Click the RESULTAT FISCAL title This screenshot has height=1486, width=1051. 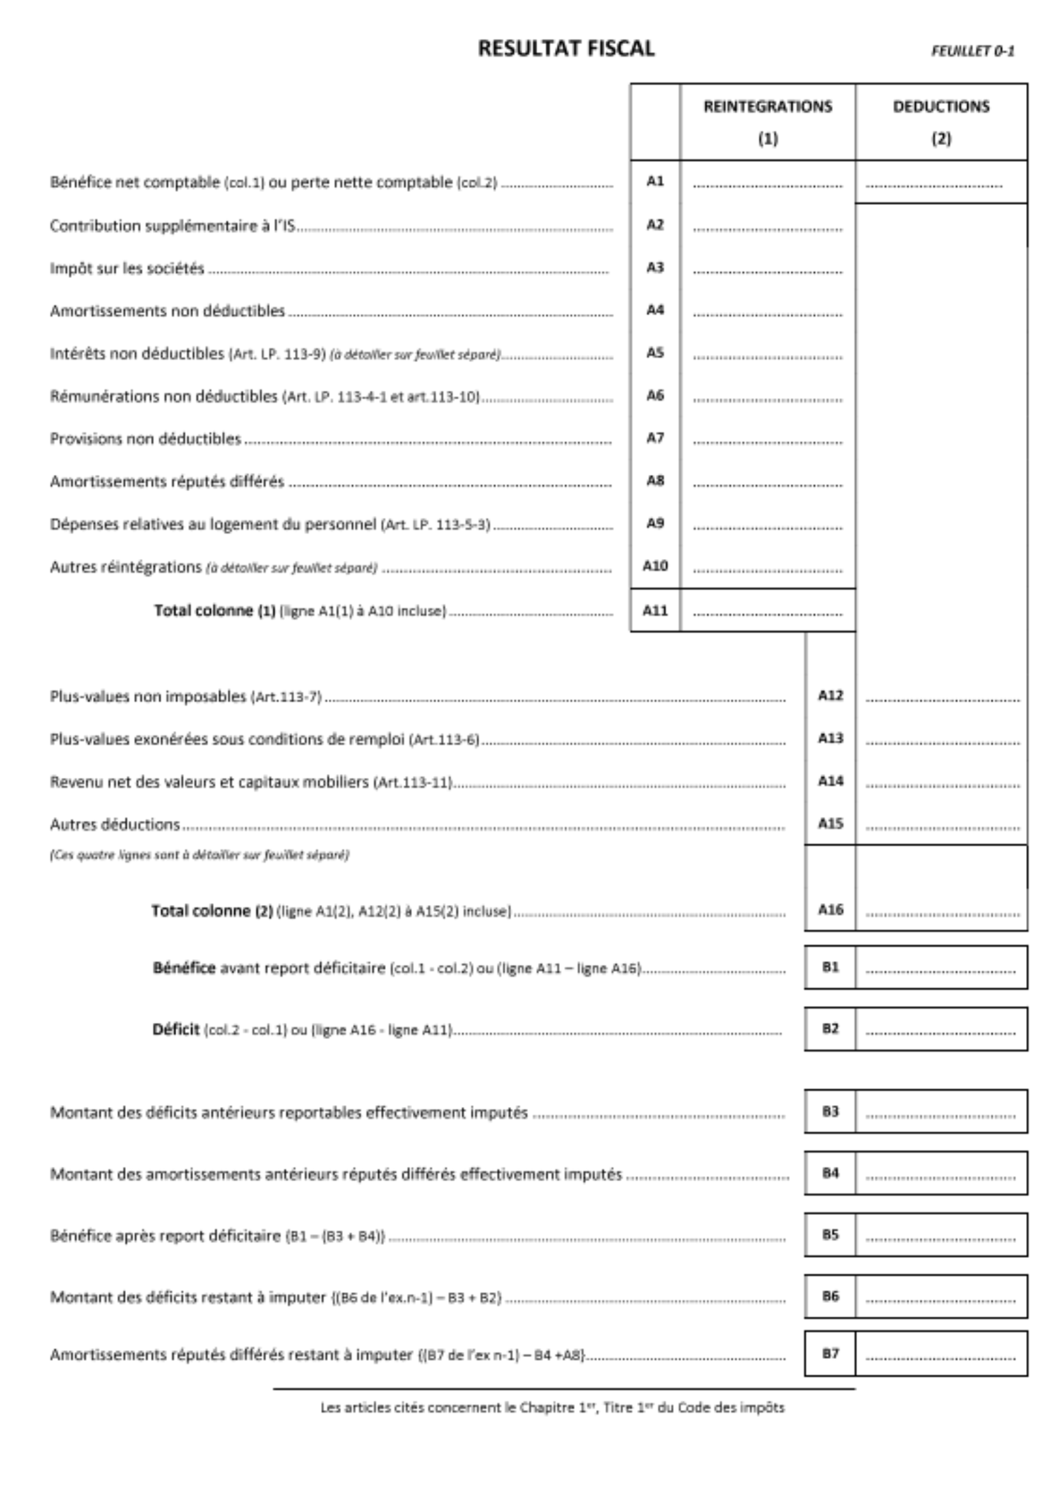566,49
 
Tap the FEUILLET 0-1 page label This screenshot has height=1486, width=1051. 972,51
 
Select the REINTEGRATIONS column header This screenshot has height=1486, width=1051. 768,107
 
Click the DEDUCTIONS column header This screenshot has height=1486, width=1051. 941,107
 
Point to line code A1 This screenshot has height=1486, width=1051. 655,181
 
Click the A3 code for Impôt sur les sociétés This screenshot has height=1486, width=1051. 655,267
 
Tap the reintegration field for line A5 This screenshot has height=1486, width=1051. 768,354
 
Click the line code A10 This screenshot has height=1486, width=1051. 655,567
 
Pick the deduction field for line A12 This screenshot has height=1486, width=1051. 942,697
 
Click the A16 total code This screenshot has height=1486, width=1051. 830,910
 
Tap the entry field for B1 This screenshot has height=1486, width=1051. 940,968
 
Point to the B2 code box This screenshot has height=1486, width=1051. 830,1029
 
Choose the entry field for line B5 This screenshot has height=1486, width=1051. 940,1235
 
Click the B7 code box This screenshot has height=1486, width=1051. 830,1353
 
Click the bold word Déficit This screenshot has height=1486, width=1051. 175,1029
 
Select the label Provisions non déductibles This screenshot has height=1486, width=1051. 146,439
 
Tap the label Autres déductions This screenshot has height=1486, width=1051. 114,824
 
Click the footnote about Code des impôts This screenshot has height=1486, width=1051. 552,1408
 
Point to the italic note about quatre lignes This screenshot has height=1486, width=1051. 199,855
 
